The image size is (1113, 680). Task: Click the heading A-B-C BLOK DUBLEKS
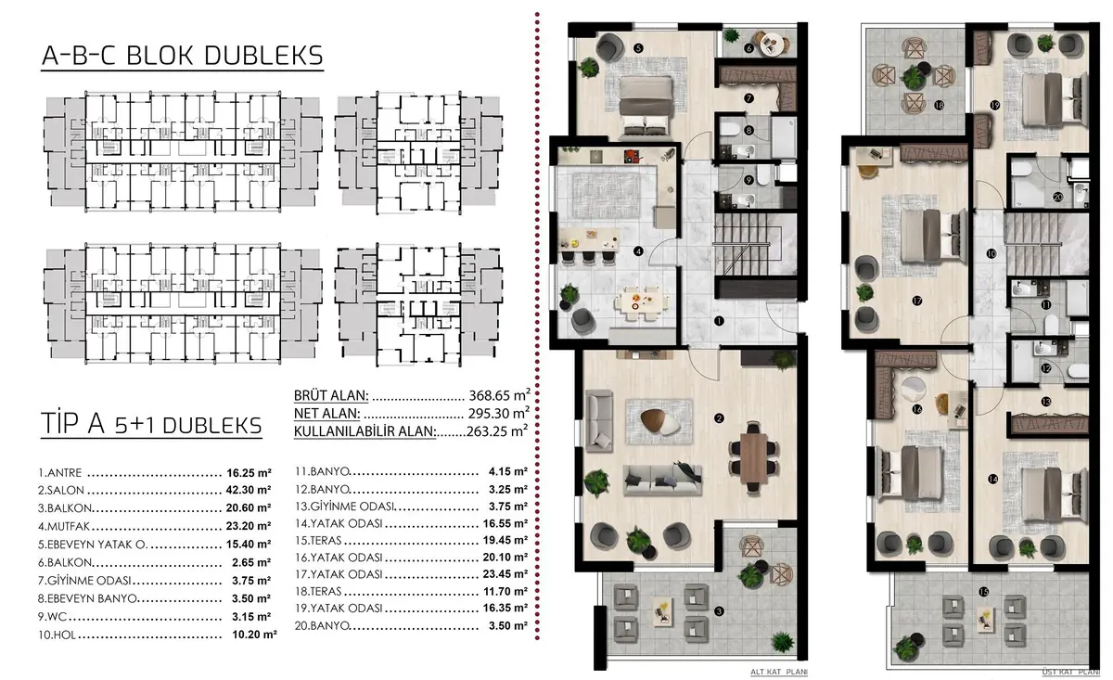tap(183, 56)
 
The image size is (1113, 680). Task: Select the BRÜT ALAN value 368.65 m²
tap(499, 395)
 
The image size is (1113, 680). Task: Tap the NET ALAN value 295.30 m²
tap(499, 413)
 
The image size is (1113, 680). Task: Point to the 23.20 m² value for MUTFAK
tap(249, 525)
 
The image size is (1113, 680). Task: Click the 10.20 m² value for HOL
tap(254, 635)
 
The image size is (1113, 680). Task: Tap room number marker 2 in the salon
tap(719, 418)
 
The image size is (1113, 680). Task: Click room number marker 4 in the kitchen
tap(638, 251)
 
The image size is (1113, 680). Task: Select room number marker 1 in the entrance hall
tap(719, 321)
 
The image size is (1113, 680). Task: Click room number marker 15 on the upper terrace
tap(983, 592)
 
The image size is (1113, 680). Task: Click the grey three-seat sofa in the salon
tap(663, 481)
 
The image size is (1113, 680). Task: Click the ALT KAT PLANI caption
tap(778, 672)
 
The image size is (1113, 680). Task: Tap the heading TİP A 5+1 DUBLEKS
tap(151, 425)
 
